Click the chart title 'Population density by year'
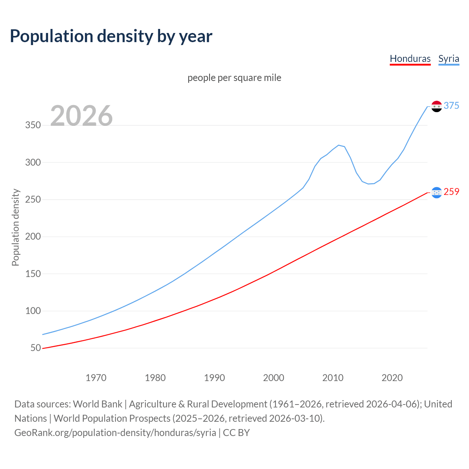[x=111, y=36]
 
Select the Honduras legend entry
[x=410, y=59]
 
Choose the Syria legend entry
[x=448, y=59]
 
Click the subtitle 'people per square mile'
[x=234, y=78]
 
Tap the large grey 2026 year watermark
[x=81, y=116]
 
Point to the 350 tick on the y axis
[x=33, y=125]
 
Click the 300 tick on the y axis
[x=33, y=162]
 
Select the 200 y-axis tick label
[x=33, y=237]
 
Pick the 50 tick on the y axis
[x=36, y=348]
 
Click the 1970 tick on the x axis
[x=96, y=378]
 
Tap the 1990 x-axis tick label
[x=214, y=378]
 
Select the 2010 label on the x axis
[x=333, y=378]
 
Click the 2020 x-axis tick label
[x=392, y=378]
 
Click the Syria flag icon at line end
[x=436, y=106]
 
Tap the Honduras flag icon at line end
[x=436, y=192]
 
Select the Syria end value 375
[x=451, y=106]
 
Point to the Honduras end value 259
[x=451, y=192]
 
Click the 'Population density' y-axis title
[x=15, y=227]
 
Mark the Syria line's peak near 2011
[x=339, y=145]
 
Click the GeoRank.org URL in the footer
[x=115, y=433]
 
